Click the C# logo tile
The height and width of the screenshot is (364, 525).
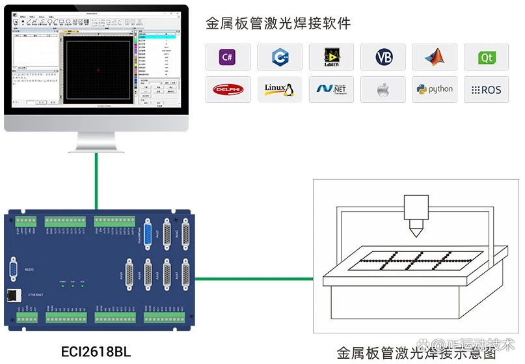point(227,57)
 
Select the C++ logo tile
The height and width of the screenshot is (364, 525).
point(279,57)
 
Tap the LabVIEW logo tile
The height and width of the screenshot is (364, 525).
point(331,57)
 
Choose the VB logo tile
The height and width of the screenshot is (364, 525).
point(383,57)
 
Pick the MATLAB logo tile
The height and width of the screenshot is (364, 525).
point(435,57)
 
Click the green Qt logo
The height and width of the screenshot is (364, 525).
point(487,57)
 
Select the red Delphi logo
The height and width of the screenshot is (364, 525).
point(227,89)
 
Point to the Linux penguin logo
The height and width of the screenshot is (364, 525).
point(279,89)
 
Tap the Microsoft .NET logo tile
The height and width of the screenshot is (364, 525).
point(331,89)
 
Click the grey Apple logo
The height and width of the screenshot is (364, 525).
point(383,89)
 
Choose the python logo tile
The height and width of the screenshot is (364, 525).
point(435,89)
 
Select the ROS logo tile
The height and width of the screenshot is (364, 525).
point(487,89)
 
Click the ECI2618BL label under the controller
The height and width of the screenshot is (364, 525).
point(96,352)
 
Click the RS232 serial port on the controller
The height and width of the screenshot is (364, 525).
point(14,269)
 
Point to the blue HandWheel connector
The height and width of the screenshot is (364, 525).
point(148,235)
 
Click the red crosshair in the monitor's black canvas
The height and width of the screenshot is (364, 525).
point(98,70)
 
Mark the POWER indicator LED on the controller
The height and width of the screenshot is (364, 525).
point(63,286)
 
